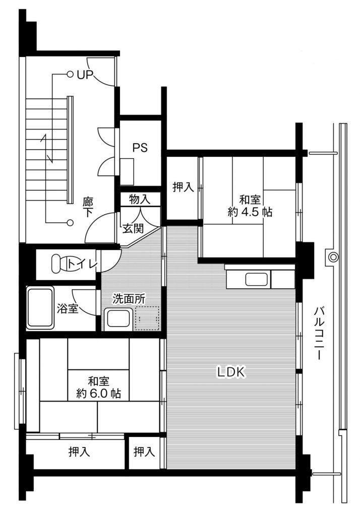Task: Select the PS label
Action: pos(140,148)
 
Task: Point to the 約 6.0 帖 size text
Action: pos(99,394)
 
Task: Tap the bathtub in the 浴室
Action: pos(40,307)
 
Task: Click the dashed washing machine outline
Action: pos(146,318)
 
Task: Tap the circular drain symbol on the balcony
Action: pos(333,257)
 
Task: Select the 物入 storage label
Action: pos(140,199)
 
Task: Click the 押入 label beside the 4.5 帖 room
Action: pos(184,187)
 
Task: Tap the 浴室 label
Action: pos(67,308)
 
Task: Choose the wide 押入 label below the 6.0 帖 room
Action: pos(80,452)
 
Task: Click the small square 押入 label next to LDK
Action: pos(144,452)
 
